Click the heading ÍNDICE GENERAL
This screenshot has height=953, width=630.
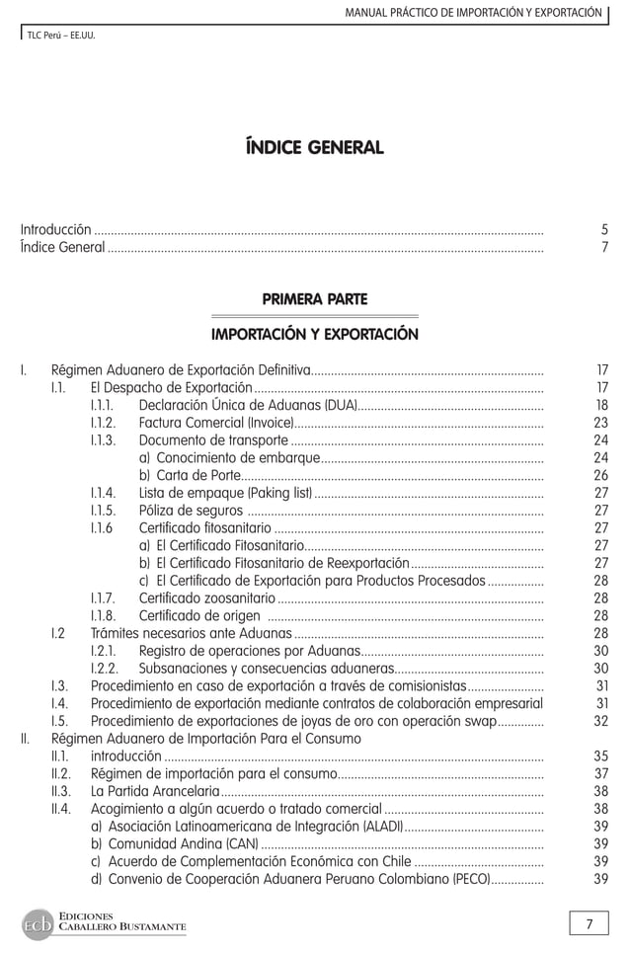[314, 148]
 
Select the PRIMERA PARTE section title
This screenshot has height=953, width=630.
[314, 298]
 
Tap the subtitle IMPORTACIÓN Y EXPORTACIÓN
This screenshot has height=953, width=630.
[314, 334]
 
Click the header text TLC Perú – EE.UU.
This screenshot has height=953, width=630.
[60, 37]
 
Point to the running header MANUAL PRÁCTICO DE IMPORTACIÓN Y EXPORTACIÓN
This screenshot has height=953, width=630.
[472, 12]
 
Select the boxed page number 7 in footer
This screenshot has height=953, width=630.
[589, 924]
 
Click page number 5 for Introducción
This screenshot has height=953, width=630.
[603, 229]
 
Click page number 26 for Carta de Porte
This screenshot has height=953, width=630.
[600, 476]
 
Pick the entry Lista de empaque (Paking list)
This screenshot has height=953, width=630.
[225, 494]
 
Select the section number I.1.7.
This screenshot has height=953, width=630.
[103, 598]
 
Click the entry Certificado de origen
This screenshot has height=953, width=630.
[199, 616]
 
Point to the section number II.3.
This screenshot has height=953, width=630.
[61, 791]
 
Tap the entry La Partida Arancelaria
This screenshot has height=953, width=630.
[155, 791]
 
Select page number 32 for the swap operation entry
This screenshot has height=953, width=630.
[600, 720]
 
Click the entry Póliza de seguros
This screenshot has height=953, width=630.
[191, 511]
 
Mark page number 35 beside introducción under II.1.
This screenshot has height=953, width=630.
[600, 755]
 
